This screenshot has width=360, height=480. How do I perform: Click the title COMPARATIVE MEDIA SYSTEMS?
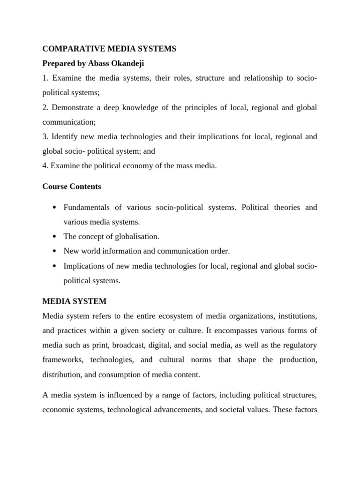tap(109, 49)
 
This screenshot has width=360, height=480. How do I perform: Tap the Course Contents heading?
tap(72, 187)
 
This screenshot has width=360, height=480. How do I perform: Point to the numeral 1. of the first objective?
tap(45, 78)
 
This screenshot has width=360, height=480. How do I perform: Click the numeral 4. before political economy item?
tap(45, 165)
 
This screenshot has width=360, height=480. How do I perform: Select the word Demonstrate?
tap(73, 107)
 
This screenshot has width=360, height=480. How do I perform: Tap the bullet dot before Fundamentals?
tap(55, 208)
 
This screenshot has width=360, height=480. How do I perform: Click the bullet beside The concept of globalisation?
tap(55, 237)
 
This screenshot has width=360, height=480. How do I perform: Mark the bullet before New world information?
tap(55, 252)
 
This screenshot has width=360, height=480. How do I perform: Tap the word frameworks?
tap(62, 360)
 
